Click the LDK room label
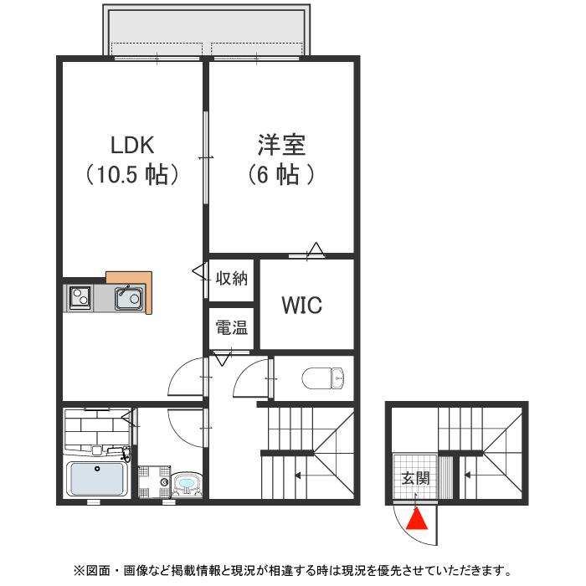[x=132, y=145]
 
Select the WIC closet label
[x=301, y=306]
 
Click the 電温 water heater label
[x=231, y=328]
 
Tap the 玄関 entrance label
[x=414, y=479]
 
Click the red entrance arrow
[x=416, y=520]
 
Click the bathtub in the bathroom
[x=97, y=480]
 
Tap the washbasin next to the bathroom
[x=185, y=484]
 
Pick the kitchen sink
[x=129, y=297]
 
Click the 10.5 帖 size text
[x=132, y=175]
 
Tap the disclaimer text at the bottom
[x=292, y=571]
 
